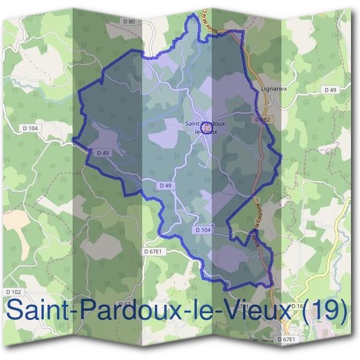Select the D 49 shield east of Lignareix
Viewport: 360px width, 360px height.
coord(330,89)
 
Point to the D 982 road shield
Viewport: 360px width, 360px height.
coord(262,120)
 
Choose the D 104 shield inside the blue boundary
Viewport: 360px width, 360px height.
coord(203,230)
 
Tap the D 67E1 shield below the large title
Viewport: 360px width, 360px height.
coord(288,340)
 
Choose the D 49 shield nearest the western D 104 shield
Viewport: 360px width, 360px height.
coord(101,153)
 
